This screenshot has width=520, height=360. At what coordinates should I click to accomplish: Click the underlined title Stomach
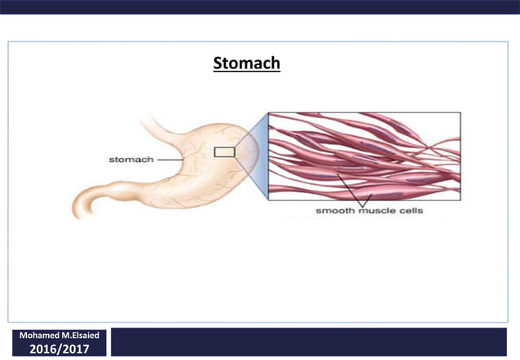[x=246, y=63]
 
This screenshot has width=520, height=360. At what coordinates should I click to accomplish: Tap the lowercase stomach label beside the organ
[x=131, y=160]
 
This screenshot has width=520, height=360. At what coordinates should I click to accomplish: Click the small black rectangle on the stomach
[x=224, y=151]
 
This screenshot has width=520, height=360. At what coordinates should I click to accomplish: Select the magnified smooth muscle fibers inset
[x=364, y=155]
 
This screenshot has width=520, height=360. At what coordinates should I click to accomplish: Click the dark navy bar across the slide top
[x=260, y=7]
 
